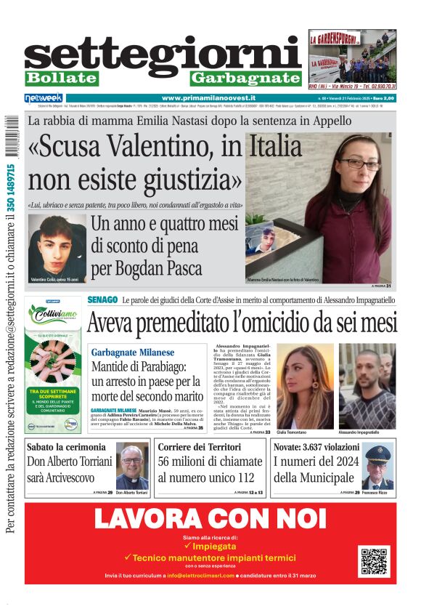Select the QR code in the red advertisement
click(x=375, y=560)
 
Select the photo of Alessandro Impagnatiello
click(x=367, y=386)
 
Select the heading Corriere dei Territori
click(x=199, y=447)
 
